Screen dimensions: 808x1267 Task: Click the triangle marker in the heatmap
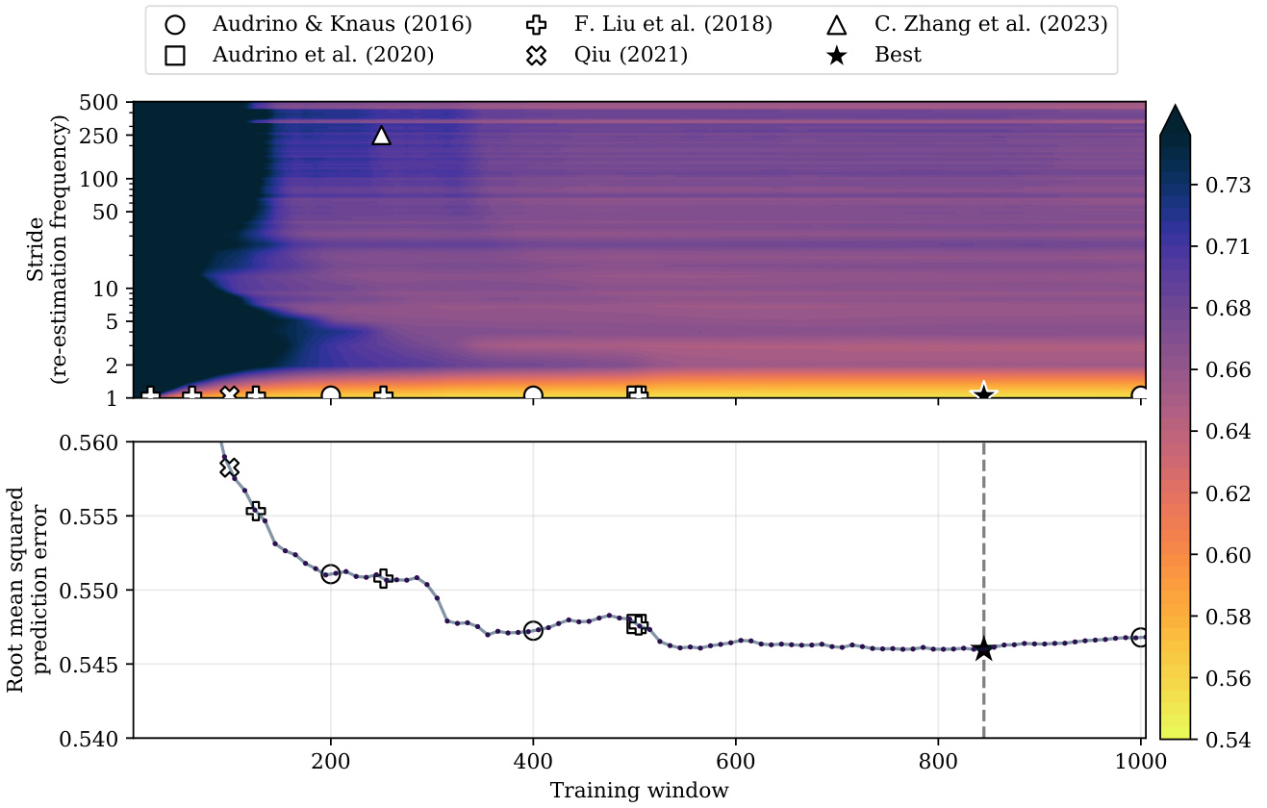(381, 136)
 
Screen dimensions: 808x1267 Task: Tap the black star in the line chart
(983, 650)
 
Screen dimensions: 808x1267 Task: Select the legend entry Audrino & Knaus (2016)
(342, 24)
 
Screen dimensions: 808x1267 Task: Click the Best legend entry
(898, 55)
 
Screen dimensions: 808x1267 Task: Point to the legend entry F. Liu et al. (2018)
(680, 24)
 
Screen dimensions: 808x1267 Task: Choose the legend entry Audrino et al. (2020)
(323, 55)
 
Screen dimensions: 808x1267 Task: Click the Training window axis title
(639, 791)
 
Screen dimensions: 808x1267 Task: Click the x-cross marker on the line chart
(229, 467)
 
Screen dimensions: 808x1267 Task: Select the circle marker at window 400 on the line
(533, 631)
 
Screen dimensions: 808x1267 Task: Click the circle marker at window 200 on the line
(331, 574)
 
